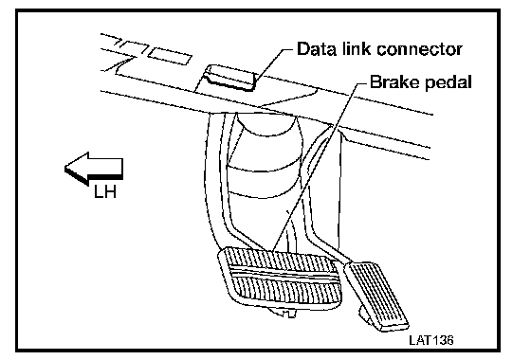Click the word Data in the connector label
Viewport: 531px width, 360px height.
[x=317, y=49]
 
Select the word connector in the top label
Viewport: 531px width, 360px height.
[x=419, y=49]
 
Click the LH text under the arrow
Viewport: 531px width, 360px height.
[x=105, y=191]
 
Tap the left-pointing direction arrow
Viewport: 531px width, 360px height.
[x=94, y=169]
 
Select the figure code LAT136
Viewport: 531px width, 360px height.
[x=430, y=340]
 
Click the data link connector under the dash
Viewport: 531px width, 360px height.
[x=229, y=78]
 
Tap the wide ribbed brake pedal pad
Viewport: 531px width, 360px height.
[x=280, y=278]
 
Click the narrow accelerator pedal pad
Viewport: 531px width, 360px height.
[x=376, y=295]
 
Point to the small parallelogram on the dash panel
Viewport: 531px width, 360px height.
[x=170, y=56]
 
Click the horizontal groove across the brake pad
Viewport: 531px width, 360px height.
[x=284, y=274]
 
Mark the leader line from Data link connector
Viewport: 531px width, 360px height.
[x=273, y=64]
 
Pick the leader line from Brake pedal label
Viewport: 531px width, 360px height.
[x=319, y=167]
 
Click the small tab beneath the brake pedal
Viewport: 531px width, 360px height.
[x=284, y=312]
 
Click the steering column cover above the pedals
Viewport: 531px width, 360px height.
[x=265, y=159]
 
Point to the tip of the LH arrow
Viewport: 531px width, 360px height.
[x=64, y=168]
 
